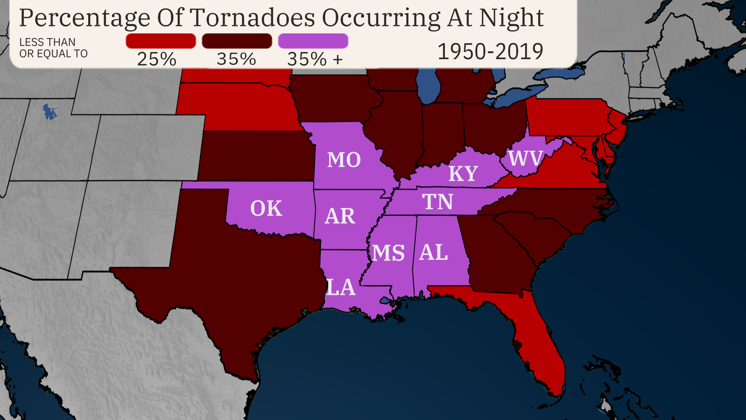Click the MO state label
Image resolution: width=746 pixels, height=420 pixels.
344,160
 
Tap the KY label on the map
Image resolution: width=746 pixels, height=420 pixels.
463,173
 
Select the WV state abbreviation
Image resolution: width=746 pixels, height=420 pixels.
525,158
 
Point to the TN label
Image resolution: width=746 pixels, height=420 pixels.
437,202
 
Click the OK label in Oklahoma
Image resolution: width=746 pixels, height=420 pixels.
266,208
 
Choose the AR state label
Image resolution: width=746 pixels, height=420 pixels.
340,216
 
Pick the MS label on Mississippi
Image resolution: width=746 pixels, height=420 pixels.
388,253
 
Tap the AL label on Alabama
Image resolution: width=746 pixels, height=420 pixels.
434,252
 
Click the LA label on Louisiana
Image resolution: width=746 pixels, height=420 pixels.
341,287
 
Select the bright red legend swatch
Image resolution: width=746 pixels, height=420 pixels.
160,41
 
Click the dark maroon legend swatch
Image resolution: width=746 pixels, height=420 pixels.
237,41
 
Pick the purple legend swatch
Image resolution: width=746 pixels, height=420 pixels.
313,41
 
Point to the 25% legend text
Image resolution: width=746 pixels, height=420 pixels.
157,59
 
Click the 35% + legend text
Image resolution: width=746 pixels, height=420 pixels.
315,59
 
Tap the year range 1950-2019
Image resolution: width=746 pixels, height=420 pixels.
490,51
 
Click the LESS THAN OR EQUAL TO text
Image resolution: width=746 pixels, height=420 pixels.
53,47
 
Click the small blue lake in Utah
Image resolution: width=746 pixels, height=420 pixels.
49,112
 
